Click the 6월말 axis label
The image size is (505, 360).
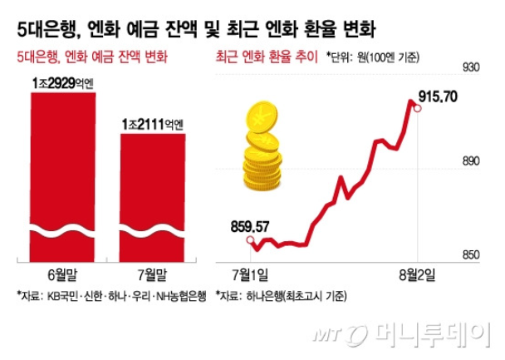point(62,274)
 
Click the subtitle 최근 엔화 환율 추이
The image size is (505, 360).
point(267,57)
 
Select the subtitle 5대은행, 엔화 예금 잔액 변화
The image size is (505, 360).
point(91,57)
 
